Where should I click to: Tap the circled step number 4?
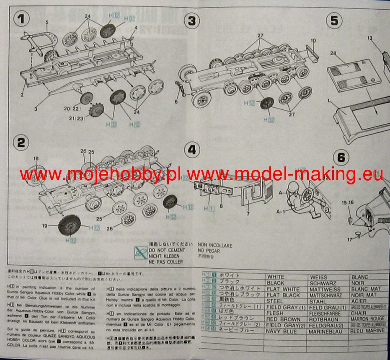[192, 149]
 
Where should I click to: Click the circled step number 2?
[20, 142]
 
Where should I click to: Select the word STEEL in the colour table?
[275, 301]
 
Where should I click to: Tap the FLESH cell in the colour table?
[275, 313]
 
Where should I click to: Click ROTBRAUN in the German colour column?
[323, 319]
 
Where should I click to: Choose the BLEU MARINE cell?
[367, 331]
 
